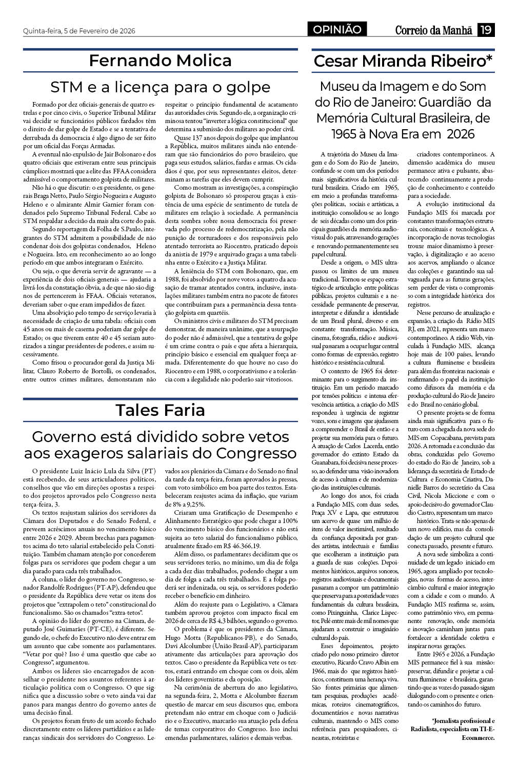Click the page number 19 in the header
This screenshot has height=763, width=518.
click(486, 30)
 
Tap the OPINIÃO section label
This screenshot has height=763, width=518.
click(337, 30)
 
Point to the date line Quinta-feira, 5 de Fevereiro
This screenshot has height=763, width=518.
click(79, 31)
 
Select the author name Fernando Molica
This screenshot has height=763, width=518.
click(160, 61)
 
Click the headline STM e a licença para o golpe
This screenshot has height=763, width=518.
click(160, 86)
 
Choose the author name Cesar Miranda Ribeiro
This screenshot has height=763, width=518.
click(403, 61)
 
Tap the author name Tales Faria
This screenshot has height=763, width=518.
click(160, 410)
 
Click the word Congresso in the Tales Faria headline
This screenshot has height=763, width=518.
click(256, 453)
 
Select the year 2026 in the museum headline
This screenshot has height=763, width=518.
click(461, 134)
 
